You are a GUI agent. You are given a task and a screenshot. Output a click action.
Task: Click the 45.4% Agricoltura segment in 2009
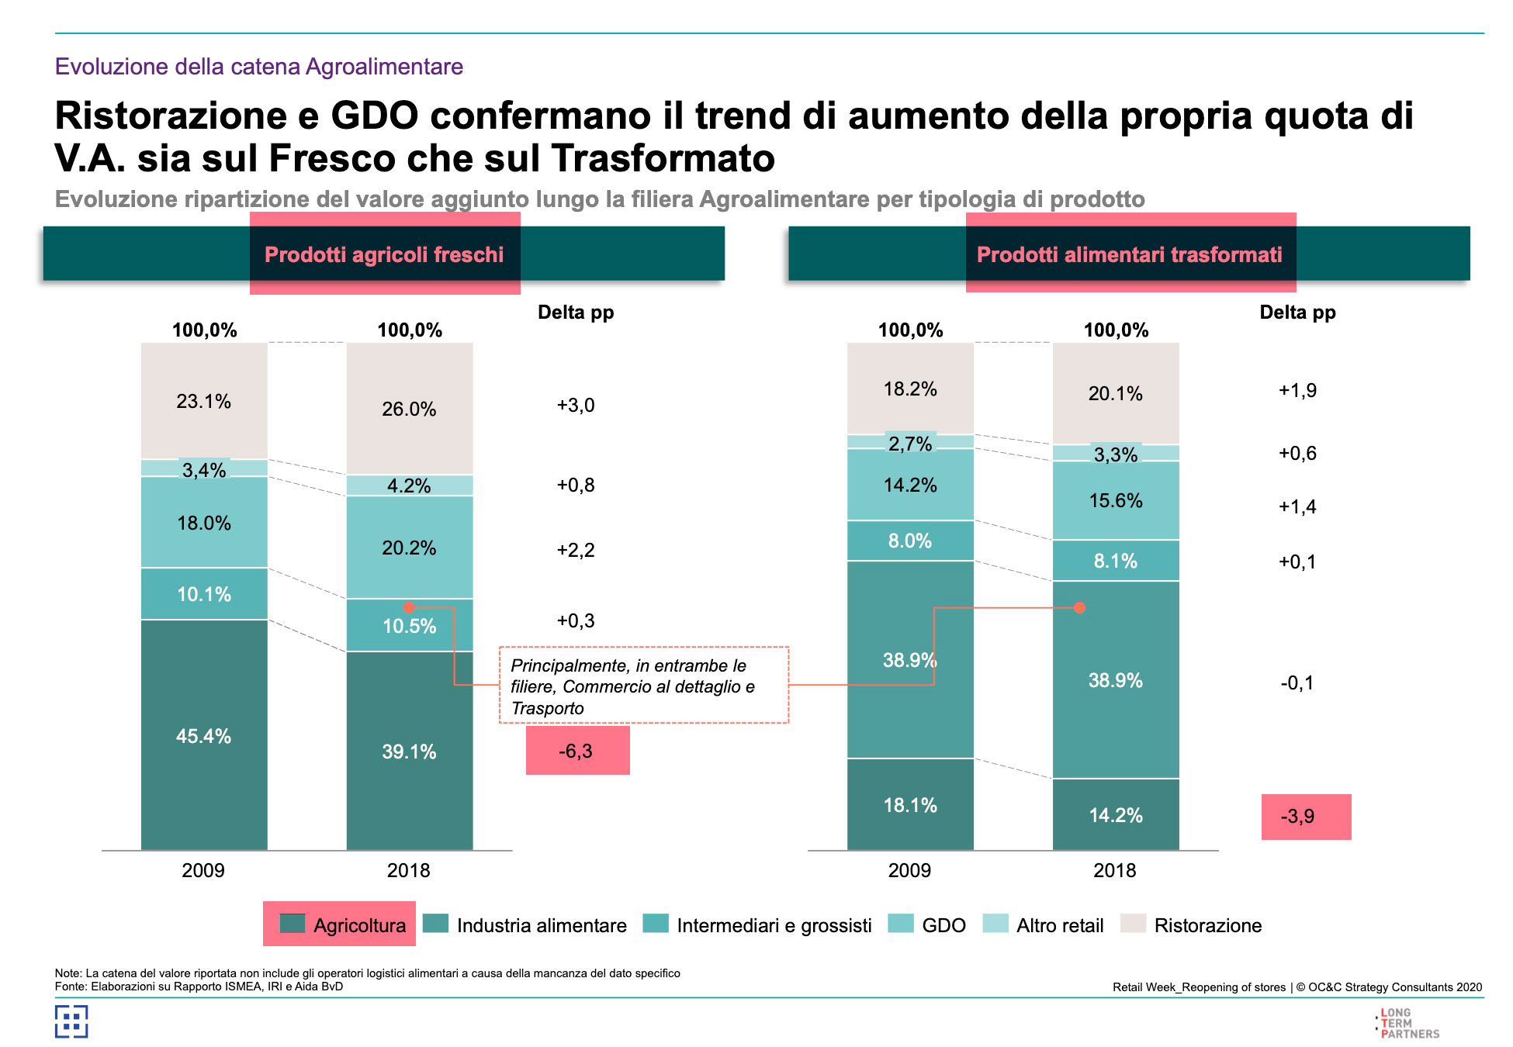click(x=203, y=735)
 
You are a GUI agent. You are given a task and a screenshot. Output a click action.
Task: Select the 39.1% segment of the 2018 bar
click(x=409, y=751)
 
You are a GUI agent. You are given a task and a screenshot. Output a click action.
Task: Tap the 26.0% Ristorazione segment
click(x=409, y=409)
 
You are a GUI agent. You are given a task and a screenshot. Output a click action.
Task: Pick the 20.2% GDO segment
click(x=409, y=548)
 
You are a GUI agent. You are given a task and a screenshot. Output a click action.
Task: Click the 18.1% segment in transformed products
click(x=909, y=805)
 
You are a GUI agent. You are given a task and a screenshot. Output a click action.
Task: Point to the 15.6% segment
click(x=1115, y=500)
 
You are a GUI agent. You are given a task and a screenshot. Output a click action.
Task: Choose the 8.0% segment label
click(x=909, y=541)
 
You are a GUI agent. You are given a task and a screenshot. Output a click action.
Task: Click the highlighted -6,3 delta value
click(x=576, y=751)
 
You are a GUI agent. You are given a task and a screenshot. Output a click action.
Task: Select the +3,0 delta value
click(x=576, y=405)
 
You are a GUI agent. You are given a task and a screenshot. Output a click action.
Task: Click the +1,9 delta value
click(x=1297, y=390)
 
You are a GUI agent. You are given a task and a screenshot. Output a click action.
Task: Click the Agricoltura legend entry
click(x=341, y=924)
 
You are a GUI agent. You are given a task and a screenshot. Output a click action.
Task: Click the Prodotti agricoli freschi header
click(x=384, y=254)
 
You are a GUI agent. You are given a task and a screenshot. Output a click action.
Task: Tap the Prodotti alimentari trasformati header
click(x=1129, y=254)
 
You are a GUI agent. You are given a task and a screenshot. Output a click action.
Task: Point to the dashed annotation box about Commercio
click(x=643, y=686)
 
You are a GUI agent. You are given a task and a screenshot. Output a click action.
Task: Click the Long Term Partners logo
click(x=1408, y=1023)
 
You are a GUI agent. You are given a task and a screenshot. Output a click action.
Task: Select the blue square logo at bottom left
click(x=71, y=1021)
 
